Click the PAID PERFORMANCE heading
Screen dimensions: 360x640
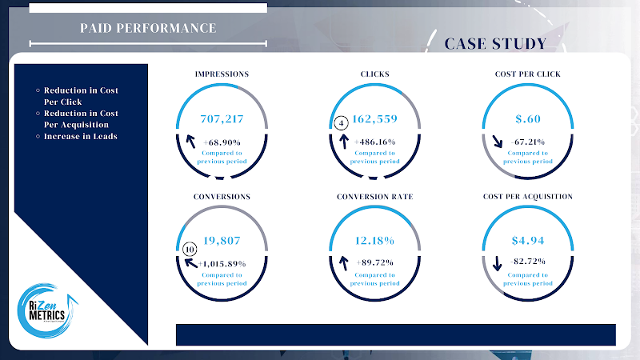tap(148, 28)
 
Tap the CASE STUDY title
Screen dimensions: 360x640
tap(495, 43)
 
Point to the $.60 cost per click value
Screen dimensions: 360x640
tap(528, 118)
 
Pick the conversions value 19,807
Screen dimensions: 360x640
tap(222, 240)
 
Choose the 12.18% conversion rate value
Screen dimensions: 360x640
tap(374, 240)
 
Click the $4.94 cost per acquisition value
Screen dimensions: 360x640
tap(528, 240)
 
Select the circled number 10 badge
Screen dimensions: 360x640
tap(189, 248)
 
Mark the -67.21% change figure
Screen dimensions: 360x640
tap(527, 142)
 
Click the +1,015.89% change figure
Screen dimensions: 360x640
tap(222, 262)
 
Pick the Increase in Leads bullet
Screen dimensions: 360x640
tap(80, 136)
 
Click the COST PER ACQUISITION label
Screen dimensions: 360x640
tap(528, 196)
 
